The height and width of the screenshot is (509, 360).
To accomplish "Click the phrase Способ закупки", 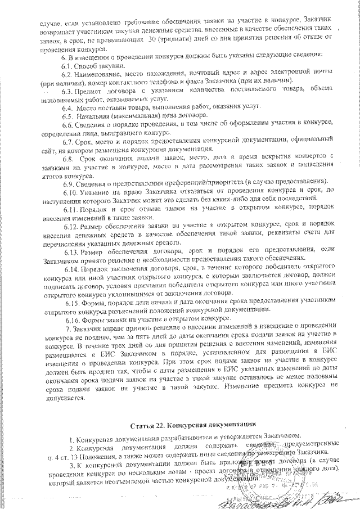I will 98,65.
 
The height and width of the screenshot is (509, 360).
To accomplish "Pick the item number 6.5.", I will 69,115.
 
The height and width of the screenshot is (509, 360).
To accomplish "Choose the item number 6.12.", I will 71,225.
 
